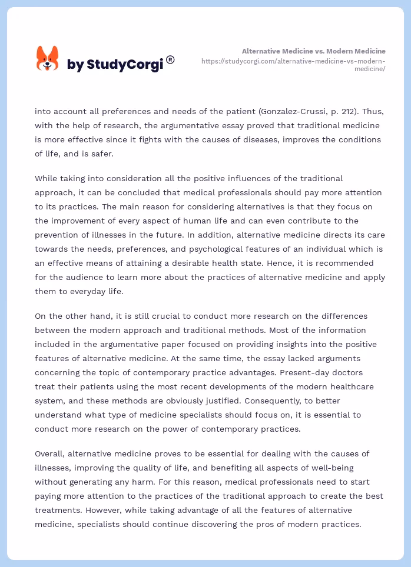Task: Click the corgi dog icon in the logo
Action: (x=48, y=59)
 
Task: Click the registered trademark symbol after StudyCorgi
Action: (x=171, y=59)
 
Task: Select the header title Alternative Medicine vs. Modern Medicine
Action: (x=313, y=51)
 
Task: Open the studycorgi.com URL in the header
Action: (x=293, y=65)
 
